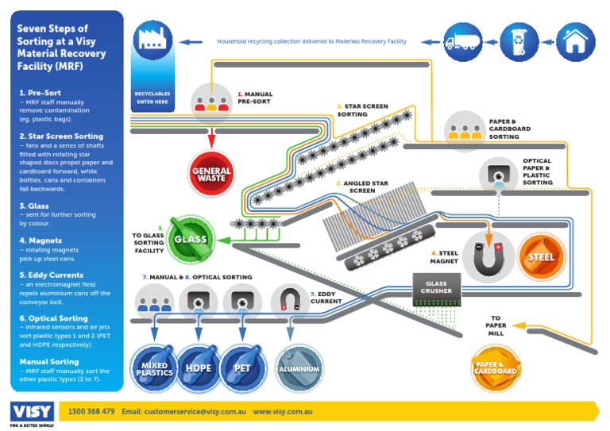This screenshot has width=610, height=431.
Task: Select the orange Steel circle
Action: tap(542, 256)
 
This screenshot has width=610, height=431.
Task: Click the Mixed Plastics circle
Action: tap(153, 368)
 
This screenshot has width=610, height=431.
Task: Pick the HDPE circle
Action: tap(198, 368)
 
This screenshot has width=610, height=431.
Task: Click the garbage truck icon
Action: tap(462, 41)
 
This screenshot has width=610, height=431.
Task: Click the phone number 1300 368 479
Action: tap(91, 412)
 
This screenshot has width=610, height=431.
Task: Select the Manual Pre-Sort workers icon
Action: tap(212, 102)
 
